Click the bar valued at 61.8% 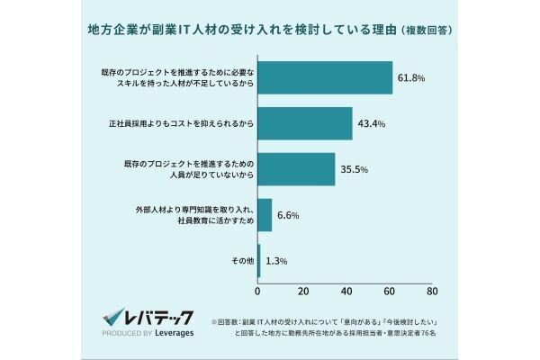[325, 77]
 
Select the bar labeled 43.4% [305, 123]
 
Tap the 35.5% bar [296, 169]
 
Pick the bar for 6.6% [265, 215]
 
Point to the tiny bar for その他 [259, 261]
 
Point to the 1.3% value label [275, 261]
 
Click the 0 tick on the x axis [258, 291]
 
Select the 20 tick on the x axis [302, 291]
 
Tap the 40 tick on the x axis [346, 291]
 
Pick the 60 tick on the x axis [390, 291]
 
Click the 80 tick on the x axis [433, 291]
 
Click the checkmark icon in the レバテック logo [113, 317]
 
